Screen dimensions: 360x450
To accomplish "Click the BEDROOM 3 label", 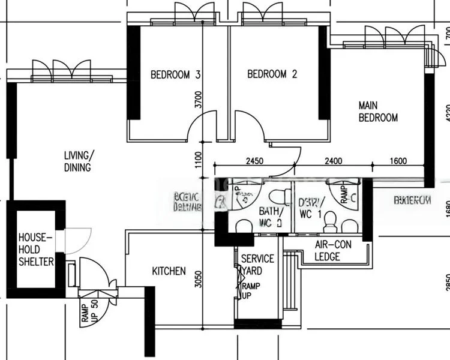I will [175, 75].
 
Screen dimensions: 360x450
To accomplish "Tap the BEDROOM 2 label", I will [272, 74].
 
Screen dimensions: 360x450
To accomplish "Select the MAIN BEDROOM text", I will [378, 112].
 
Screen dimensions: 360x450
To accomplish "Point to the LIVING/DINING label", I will [77, 161].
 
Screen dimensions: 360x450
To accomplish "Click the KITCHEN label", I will [169, 271].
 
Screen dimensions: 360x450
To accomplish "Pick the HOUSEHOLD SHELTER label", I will [35, 249].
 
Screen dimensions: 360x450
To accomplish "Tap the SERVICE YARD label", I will [257, 264].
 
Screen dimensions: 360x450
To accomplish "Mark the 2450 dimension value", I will [255, 160].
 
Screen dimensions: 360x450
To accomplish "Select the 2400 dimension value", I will [333, 160].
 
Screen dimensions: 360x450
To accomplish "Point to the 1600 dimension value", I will [398, 160].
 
